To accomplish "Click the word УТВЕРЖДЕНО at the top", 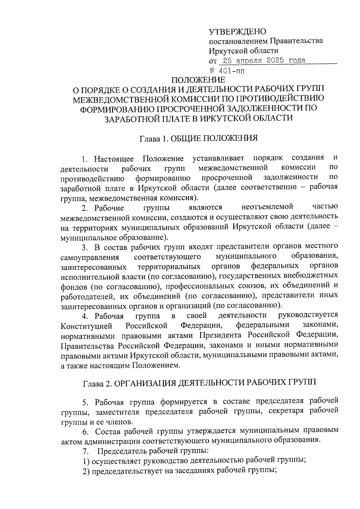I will click(237, 31).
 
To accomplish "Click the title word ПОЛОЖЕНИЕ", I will click(198, 80).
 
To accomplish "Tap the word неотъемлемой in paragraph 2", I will click(267, 207).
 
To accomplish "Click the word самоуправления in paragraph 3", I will click(90, 257).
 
